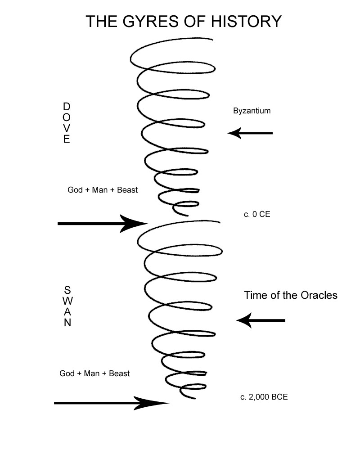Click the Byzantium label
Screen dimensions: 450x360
[252, 111]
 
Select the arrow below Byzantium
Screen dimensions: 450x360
[250, 133]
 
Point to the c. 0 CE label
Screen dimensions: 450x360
[257, 215]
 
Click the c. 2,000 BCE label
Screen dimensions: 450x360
[264, 397]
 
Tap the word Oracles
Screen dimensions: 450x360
[315, 296]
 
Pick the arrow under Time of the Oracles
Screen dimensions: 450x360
[261, 320]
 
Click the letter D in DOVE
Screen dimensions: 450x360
[67, 107]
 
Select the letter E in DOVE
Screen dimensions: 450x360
[67, 139]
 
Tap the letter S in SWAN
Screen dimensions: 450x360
[67, 289]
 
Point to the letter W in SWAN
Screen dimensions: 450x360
[67, 301]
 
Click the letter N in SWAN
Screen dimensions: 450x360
[67, 323]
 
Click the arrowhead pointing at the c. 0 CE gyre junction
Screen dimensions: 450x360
[135, 223]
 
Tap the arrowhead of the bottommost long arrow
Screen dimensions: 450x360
[155, 403]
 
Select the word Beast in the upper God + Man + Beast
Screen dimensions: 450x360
[127, 190]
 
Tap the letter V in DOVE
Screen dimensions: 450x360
[67, 128]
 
